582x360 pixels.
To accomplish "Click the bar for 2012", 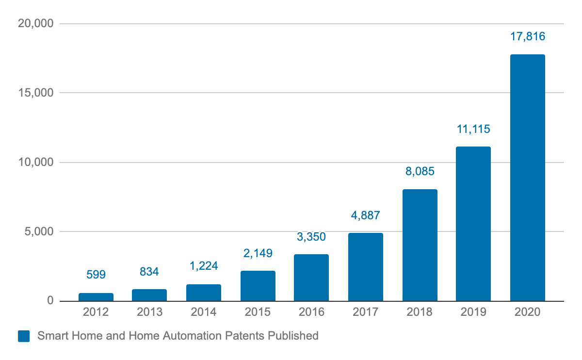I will click(x=96, y=297).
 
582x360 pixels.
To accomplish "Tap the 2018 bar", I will click(x=420, y=245).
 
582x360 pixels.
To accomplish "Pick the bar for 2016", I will click(x=311, y=278).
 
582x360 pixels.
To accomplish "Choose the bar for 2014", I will click(x=204, y=293).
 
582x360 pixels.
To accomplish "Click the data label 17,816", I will click(x=528, y=36).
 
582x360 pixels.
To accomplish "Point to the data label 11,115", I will click(x=473, y=129).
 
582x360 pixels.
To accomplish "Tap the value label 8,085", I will click(x=420, y=171).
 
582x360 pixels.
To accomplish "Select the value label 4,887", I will click(x=365, y=215).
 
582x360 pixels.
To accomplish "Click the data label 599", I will click(x=96, y=275).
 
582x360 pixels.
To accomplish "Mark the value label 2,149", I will click(x=258, y=253).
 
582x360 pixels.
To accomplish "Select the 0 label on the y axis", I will click(x=49, y=301).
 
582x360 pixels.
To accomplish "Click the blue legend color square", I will click(x=24, y=336).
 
